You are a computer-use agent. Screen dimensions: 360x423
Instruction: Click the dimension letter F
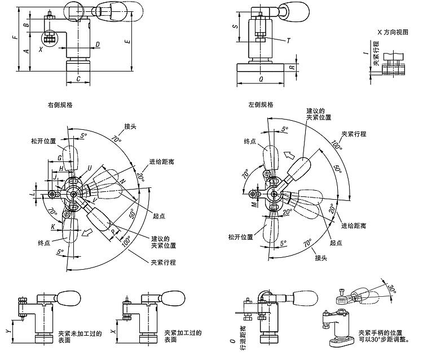(x=15, y=38)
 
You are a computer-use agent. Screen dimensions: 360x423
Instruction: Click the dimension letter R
(x=292, y=68)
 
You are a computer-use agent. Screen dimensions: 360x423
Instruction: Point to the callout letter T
(x=288, y=41)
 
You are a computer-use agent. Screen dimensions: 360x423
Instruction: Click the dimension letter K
(x=54, y=226)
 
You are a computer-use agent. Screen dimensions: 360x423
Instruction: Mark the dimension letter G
(x=59, y=158)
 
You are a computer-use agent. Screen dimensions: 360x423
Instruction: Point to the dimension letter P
(x=113, y=231)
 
